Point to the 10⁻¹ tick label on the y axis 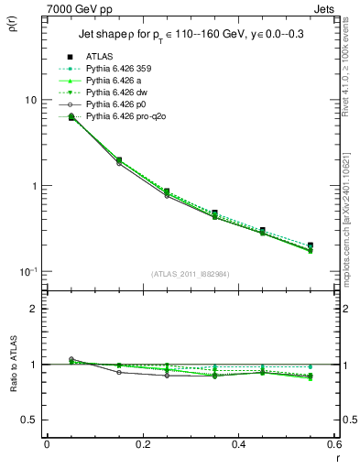pos(27,271)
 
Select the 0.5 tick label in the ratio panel pos(27,420)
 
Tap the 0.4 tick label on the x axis pos(236,444)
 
